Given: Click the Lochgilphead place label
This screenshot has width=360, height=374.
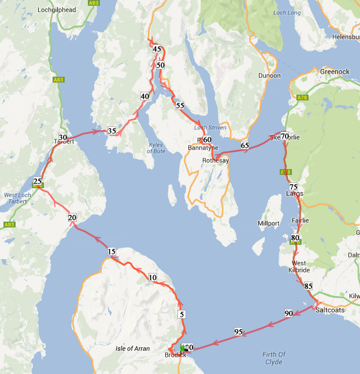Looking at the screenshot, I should click(x=57, y=10).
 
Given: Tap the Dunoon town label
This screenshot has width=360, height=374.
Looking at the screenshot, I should click(x=269, y=76).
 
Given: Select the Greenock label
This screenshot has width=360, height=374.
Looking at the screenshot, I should click(x=335, y=72).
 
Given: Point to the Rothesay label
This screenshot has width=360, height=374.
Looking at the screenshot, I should click(x=216, y=160).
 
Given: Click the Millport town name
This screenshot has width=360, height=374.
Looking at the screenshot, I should click(x=268, y=223).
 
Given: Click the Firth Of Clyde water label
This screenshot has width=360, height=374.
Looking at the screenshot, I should click(x=274, y=358).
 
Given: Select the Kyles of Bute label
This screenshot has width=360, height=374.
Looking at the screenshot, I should click(x=155, y=148).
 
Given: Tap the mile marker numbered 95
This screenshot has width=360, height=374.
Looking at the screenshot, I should click(x=238, y=332).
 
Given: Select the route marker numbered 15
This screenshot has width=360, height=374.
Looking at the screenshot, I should click(x=112, y=252).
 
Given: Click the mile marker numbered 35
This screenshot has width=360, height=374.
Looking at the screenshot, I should click(x=112, y=131).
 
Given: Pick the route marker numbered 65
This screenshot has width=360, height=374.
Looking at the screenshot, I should click(x=245, y=145).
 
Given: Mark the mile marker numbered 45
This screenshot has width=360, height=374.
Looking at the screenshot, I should click(x=157, y=50).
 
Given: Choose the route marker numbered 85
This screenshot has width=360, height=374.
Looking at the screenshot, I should click(x=308, y=286).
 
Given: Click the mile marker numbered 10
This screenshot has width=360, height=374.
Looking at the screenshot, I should click(x=153, y=278).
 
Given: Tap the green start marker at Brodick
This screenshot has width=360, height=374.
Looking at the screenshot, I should click(x=183, y=348).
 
